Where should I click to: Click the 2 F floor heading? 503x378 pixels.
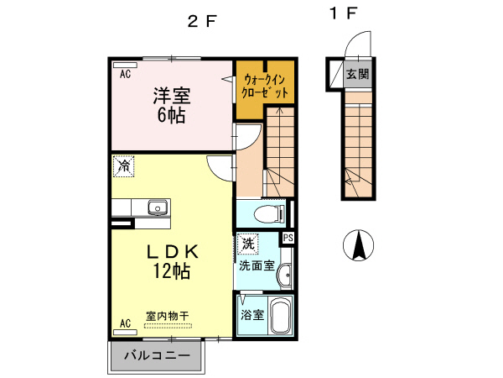[201, 23]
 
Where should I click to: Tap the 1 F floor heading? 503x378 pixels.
[344, 13]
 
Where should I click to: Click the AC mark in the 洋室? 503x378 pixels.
[124, 75]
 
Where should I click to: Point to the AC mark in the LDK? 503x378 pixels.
[124, 323]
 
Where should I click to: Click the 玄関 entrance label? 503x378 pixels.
[359, 72]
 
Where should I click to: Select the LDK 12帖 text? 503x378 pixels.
[172, 260]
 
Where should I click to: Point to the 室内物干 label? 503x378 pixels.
[169, 316]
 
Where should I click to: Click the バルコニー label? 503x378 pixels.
[156, 356]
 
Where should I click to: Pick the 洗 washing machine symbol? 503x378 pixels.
[247, 244]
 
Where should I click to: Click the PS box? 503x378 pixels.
[288, 238]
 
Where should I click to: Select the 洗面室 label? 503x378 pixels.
[257, 265]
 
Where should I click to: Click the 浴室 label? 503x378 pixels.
[252, 316]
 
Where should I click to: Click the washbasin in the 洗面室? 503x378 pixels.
[285, 273]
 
